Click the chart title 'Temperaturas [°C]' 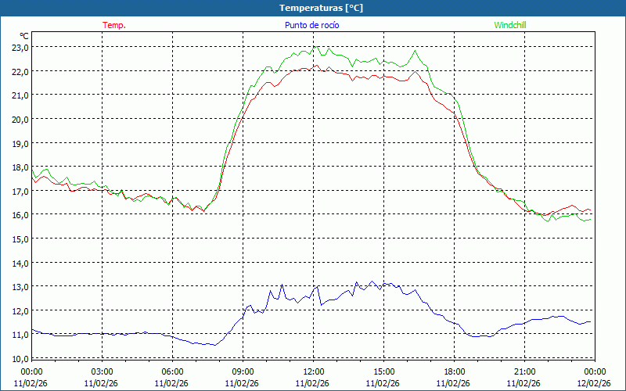tap(321, 8)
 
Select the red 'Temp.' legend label tap(113, 25)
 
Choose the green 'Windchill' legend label tap(509, 25)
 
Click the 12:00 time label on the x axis tap(313, 371)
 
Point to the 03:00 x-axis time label tap(102, 371)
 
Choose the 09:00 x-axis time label tap(243, 371)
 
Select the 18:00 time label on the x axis tap(454, 371)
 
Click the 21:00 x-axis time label tap(524, 371)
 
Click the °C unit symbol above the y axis tap(24, 36)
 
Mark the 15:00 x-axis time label tap(383, 371)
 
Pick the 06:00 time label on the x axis tap(172, 371)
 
